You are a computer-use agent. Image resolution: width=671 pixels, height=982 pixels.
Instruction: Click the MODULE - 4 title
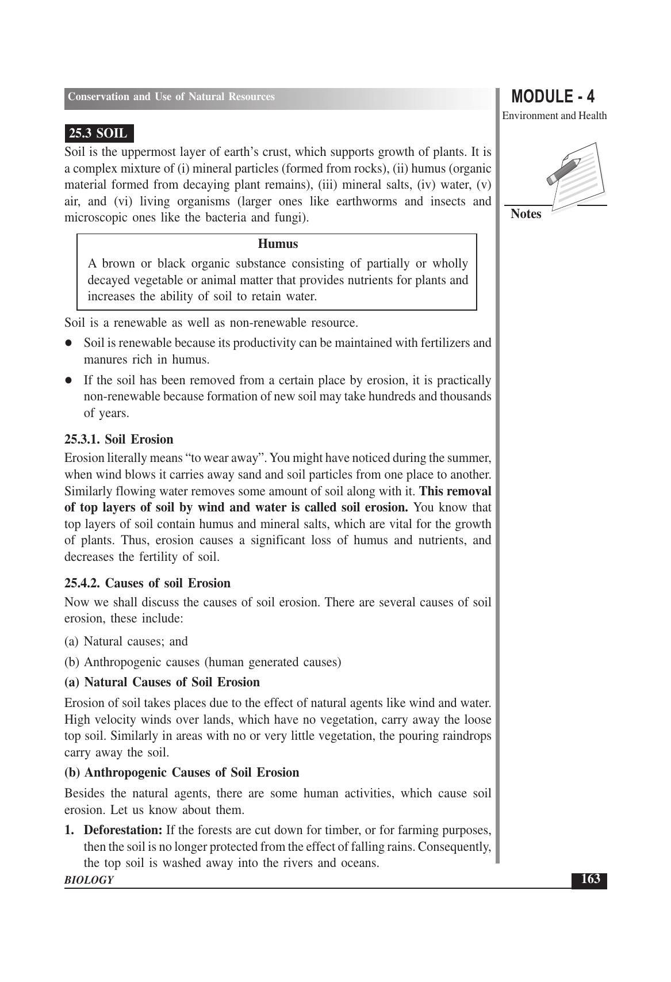tap(553, 97)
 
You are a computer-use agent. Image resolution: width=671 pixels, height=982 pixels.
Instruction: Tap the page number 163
tap(591, 879)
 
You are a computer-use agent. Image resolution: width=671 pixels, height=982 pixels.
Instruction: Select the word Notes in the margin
tap(526, 214)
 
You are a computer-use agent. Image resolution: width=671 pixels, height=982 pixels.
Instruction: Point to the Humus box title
tap(278, 244)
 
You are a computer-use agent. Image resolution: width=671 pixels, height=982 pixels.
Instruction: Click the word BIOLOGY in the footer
tap(89, 880)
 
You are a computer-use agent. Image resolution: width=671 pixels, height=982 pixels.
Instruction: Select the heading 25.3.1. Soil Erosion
tap(118, 440)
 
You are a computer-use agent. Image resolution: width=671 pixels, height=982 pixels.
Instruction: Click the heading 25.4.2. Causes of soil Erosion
tap(147, 583)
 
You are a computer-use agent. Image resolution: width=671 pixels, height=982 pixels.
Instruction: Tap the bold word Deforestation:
tap(123, 830)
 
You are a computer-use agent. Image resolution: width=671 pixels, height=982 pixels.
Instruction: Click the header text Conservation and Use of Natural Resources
tap(171, 97)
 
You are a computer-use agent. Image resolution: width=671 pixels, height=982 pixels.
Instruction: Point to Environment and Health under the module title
tap(554, 116)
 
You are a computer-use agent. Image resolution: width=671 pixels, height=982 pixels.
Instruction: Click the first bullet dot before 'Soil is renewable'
tap(68, 343)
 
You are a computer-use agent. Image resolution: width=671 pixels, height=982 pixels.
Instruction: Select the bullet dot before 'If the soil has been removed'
tap(68, 380)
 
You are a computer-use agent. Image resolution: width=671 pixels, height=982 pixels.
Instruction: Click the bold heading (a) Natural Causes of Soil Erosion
tap(162, 682)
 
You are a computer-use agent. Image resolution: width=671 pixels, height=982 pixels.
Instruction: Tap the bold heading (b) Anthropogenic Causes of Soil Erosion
tap(182, 773)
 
